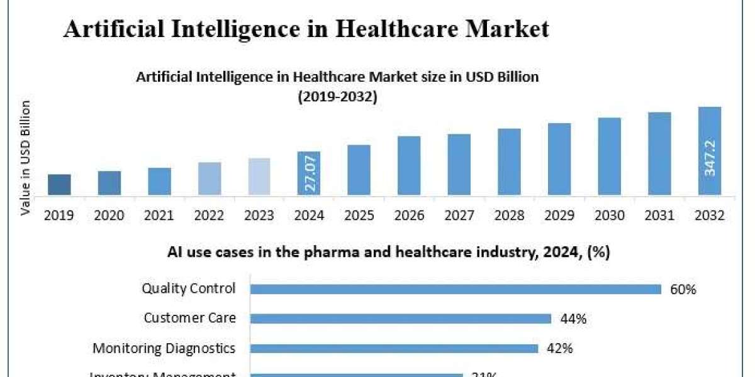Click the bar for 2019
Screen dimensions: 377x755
pyautogui.click(x=59, y=185)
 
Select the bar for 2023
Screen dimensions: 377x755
pyautogui.click(x=259, y=177)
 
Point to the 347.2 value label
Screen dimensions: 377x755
pyautogui.click(x=710, y=158)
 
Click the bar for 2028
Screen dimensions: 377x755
pyautogui.click(x=509, y=161)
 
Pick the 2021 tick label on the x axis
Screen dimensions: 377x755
pyautogui.click(x=159, y=216)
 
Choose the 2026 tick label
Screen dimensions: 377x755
pyautogui.click(x=409, y=216)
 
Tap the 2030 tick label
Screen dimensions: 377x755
pyautogui.click(x=609, y=216)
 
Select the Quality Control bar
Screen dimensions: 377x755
pyautogui.click(x=456, y=289)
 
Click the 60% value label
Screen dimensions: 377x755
pyautogui.click(x=684, y=289)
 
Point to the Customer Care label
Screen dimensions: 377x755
pyautogui.click(x=189, y=318)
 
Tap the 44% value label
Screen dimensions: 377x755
pyautogui.click(x=573, y=319)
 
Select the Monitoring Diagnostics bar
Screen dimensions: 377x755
pyautogui.click(x=394, y=348)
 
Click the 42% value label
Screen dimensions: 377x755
pyautogui.click(x=559, y=348)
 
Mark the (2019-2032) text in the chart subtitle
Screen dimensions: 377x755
pyautogui.click(x=337, y=97)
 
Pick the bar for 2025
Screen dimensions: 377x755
pyautogui.click(x=359, y=170)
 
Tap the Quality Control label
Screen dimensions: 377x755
pyautogui.click(x=189, y=288)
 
